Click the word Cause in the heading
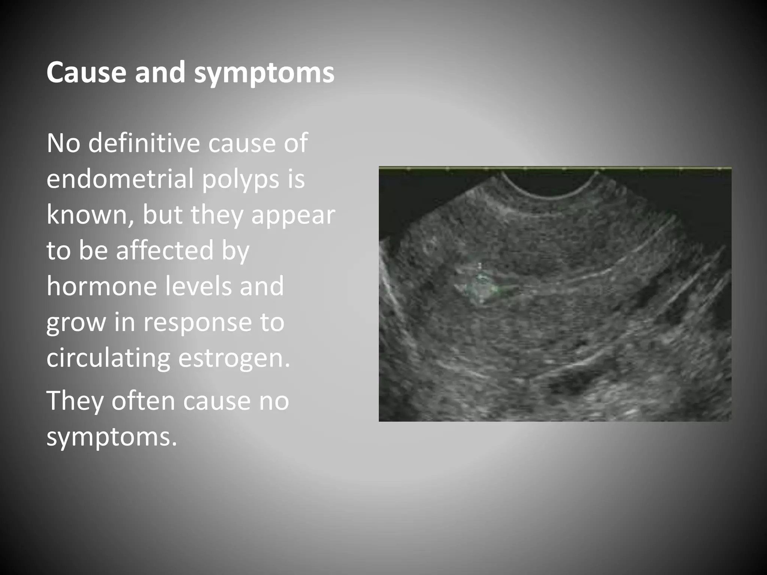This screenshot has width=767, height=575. (x=86, y=72)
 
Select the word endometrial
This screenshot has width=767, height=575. (x=119, y=179)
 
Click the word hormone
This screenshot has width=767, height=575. (x=101, y=286)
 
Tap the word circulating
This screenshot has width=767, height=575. (x=108, y=359)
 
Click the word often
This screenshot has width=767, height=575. (x=143, y=401)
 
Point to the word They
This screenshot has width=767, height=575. (x=75, y=401)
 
